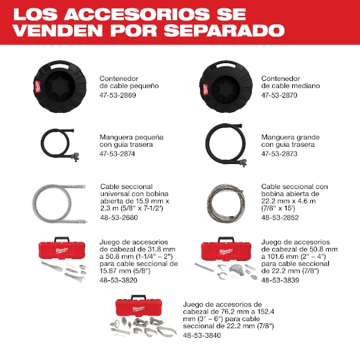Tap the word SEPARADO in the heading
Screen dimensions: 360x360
click(224, 30)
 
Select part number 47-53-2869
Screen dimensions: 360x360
click(118, 96)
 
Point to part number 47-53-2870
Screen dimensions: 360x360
click(279, 96)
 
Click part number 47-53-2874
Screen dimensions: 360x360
click(117, 154)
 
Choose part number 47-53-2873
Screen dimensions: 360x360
click(279, 154)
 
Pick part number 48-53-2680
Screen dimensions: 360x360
click(119, 217)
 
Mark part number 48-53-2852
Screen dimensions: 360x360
click(280, 217)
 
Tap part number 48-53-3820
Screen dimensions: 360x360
click(118, 280)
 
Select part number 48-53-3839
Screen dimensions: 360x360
click(280, 280)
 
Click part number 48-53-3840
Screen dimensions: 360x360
click(202, 335)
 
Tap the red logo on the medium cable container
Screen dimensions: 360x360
click(205, 90)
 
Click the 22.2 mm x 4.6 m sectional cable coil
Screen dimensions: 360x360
click(226, 203)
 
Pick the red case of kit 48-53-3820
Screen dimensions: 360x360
click(62, 250)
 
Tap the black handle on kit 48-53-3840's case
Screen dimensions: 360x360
click(138, 296)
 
